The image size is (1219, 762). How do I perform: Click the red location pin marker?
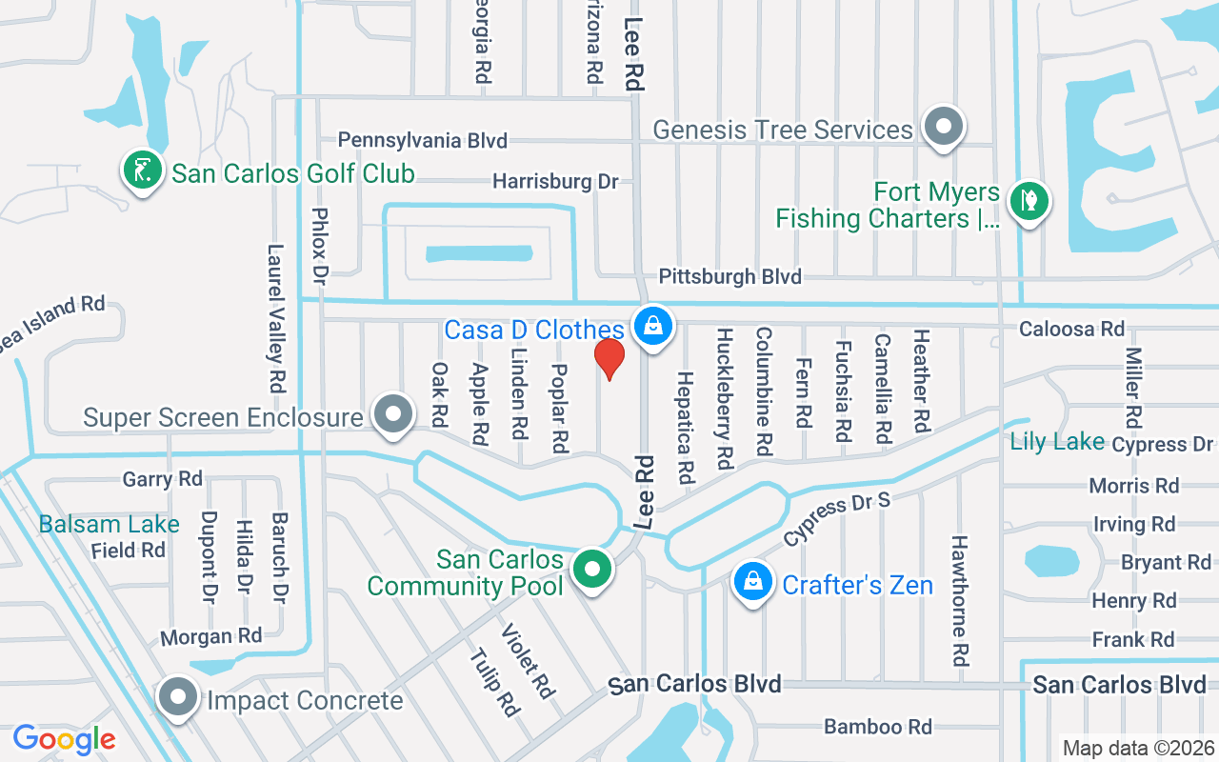click(x=609, y=359)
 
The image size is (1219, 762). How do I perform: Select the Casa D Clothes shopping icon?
click(x=653, y=327)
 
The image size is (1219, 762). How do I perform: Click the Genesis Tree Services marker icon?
click(x=944, y=127)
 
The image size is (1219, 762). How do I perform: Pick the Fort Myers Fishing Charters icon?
click(x=1029, y=202)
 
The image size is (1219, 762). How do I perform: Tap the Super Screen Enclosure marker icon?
click(x=393, y=415)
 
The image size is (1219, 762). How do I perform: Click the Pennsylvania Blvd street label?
click(x=423, y=141)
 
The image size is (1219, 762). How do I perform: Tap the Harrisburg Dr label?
click(x=555, y=181)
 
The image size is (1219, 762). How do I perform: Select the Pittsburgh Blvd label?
click(x=730, y=277)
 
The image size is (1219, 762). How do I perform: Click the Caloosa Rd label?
click(x=1071, y=330)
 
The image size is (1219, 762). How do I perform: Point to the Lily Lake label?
click(x=1057, y=441)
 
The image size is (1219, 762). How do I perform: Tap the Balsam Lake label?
click(x=109, y=524)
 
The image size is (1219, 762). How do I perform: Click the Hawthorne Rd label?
click(x=960, y=598)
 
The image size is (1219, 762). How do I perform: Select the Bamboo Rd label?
click(x=877, y=727)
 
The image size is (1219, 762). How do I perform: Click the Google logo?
click(x=64, y=739)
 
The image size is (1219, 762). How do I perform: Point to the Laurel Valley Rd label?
click(x=276, y=319)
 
